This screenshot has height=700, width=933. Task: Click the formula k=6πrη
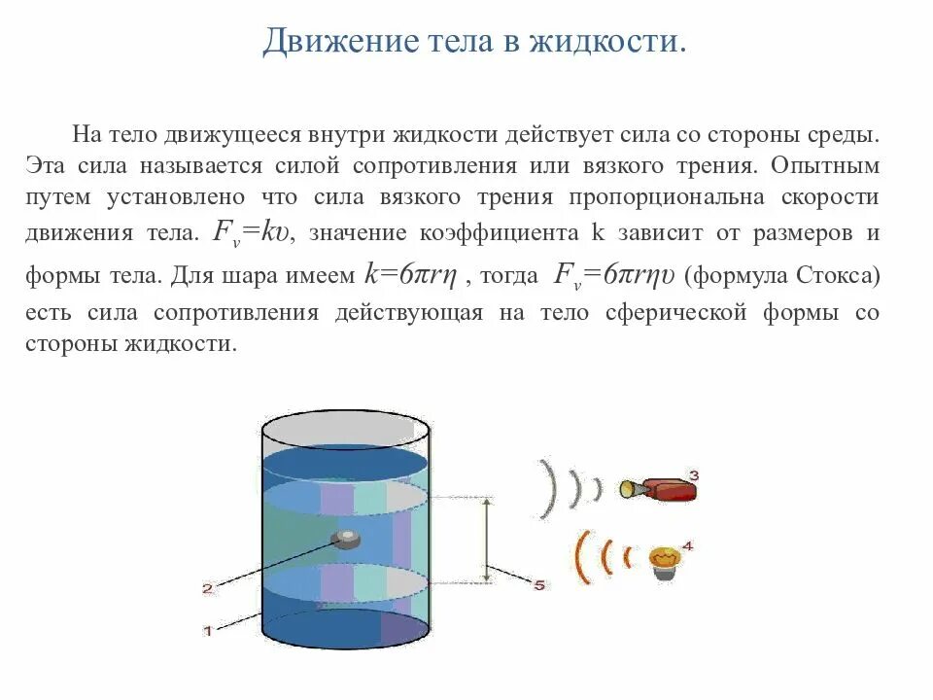click(x=411, y=275)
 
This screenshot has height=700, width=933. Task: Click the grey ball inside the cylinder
click(x=346, y=538)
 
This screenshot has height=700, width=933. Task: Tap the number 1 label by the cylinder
click(x=207, y=631)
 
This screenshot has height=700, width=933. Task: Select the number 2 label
click(x=206, y=588)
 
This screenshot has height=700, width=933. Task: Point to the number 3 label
click(x=693, y=474)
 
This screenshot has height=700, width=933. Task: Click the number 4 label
click(x=688, y=546)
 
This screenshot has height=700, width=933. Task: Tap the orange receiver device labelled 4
click(x=664, y=561)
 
